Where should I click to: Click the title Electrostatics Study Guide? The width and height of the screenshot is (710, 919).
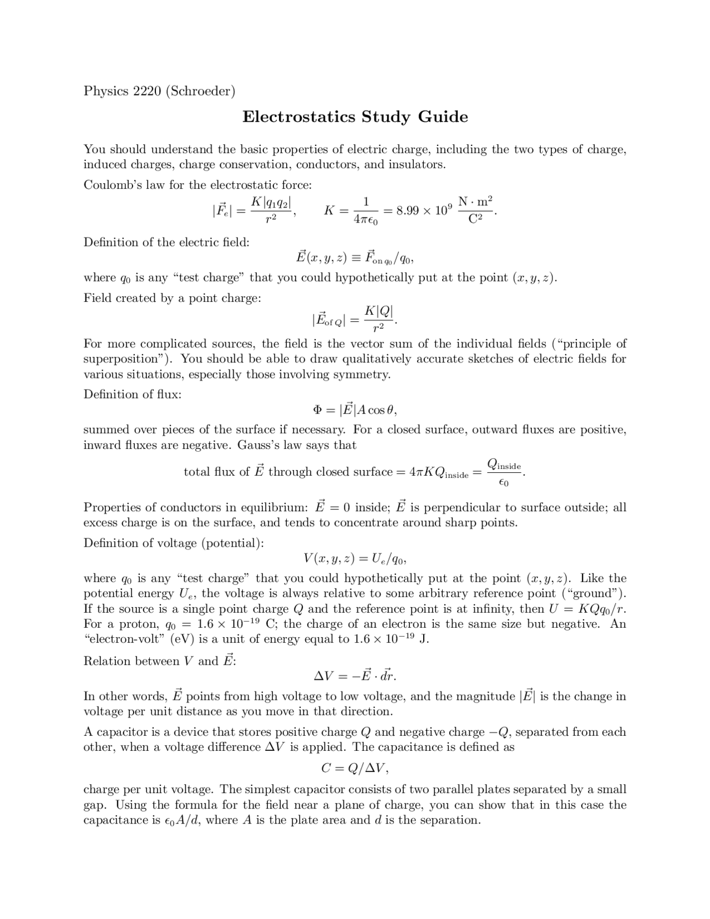pos(355,117)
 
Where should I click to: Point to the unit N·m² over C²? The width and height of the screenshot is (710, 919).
pos(475,210)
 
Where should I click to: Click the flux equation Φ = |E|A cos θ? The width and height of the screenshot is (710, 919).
pos(355,410)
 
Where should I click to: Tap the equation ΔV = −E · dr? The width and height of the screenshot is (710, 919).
pos(355,676)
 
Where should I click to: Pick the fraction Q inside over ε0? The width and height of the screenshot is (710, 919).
pos(504,472)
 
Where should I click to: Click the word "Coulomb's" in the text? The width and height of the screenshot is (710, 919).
pos(107,185)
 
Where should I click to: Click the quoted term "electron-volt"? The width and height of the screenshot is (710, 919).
pos(125,639)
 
